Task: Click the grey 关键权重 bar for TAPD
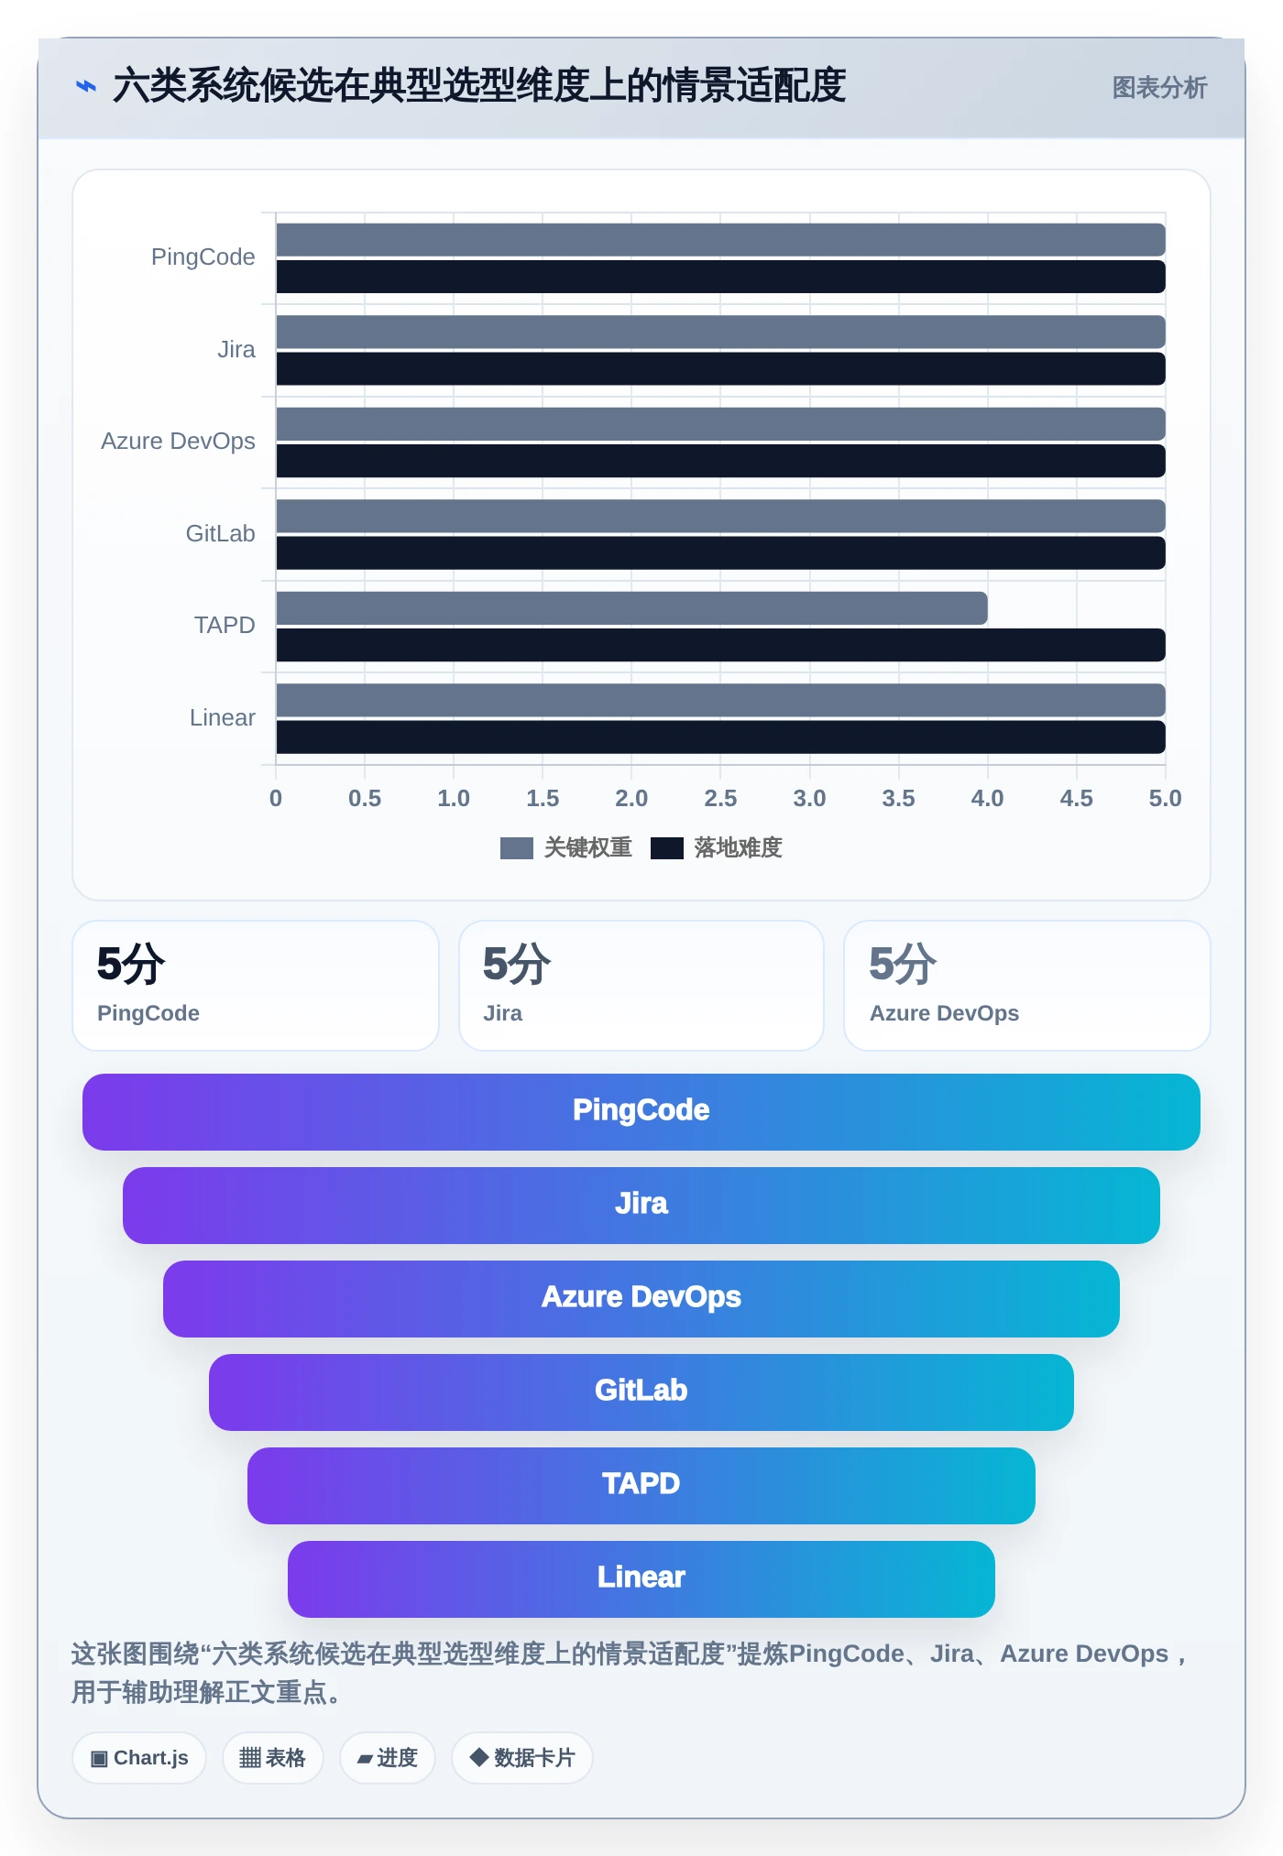click(x=631, y=608)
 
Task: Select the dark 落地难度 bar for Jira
click(x=720, y=369)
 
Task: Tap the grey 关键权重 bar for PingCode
click(x=720, y=240)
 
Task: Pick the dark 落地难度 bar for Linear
click(x=720, y=737)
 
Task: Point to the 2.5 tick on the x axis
click(x=720, y=798)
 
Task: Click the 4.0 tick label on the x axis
click(x=987, y=798)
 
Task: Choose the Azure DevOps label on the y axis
click(x=178, y=442)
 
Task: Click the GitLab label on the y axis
click(x=220, y=533)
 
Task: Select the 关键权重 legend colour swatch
click(x=517, y=848)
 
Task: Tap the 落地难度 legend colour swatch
click(x=667, y=848)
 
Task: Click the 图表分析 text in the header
click(x=1159, y=88)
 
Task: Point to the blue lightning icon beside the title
click(x=86, y=87)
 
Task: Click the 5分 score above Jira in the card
click(x=517, y=964)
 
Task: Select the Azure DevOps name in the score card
click(x=944, y=1013)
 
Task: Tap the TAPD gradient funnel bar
click(x=641, y=1486)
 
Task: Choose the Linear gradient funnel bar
click(x=641, y=1579)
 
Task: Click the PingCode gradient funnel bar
click(x=641, y=1112)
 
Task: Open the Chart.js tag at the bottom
click(x=139, y=1758)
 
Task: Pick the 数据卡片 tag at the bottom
click(x=522, y=1758)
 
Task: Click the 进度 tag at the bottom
click(x=388, y=1758)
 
